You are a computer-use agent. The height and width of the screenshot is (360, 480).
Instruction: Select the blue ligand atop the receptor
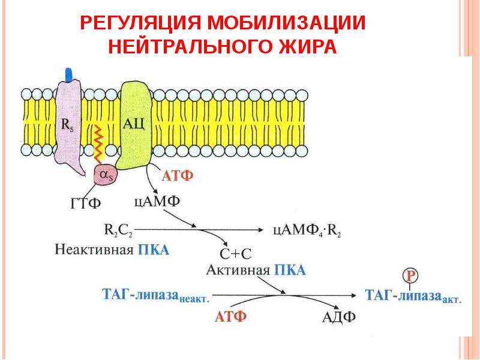click(69, 74)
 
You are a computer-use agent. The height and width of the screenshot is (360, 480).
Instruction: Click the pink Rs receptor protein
click(68, 126)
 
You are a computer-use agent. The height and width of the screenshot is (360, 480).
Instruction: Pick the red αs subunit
click(106, 175)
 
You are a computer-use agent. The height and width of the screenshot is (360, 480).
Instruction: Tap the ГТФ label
click(86, 203)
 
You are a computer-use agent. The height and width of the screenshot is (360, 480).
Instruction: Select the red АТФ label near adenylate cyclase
click(178, 176)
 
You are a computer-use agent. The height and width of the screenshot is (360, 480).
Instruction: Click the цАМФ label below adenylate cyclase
click(157, 202)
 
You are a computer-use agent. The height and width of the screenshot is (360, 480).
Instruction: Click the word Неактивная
click(94, 250)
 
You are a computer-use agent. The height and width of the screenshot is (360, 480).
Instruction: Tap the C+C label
click(236, 253)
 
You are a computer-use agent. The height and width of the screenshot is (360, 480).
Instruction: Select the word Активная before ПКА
click(238, 270)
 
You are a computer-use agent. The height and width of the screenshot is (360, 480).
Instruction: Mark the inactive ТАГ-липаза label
click(155, 295)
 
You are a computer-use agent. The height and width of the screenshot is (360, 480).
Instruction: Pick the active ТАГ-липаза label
click(413, 296)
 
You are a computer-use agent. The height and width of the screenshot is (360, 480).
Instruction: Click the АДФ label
click(339, 317)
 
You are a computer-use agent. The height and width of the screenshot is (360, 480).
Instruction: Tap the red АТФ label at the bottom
click(230, 317)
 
